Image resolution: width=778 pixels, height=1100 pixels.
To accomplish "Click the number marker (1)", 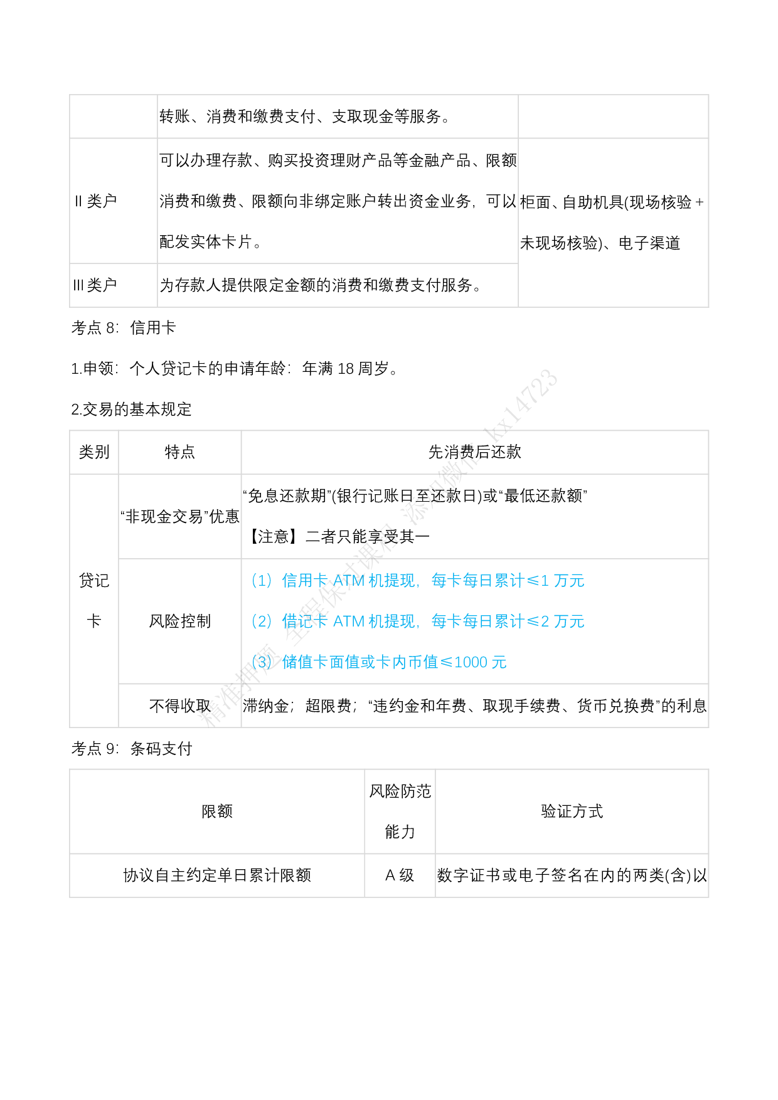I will click(x=262, y=581).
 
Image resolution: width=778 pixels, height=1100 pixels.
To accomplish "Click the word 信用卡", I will click(x=305, y=581).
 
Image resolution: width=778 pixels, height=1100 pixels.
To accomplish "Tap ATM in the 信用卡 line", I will click(x=348, y=581).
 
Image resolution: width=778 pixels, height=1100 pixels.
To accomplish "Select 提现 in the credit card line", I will click(x=400, y=581).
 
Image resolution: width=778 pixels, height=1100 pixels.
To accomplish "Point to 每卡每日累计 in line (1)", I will click(x=477, y=581).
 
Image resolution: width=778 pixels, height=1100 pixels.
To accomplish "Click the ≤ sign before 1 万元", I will click(x=533, y=581).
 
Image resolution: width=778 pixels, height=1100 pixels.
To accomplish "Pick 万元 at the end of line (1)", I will click(x=569, y=581).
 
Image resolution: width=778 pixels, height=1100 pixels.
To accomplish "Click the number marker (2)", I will click(x=262, y=621).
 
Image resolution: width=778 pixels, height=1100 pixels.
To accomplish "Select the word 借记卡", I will click(x=305, y=621).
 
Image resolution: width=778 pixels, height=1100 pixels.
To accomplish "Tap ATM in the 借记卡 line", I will click(x=348, y=621).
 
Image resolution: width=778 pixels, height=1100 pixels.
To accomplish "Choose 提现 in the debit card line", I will click(x=400, y=621).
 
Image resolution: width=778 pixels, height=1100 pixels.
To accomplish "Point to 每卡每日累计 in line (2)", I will click(x=477, y=621).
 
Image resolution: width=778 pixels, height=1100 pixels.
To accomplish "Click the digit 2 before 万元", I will click(x=545, y=621).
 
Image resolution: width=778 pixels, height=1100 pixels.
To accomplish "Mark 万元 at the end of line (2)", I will click(x=569, y=621).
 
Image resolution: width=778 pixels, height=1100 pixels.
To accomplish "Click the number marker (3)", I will click(x=262, y=662).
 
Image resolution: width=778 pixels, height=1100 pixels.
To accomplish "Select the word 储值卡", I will click(x=305, y=662).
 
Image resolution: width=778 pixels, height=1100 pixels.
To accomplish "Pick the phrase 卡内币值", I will click(x=407, y=662).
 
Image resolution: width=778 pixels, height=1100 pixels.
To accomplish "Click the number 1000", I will click(x=471, y=662).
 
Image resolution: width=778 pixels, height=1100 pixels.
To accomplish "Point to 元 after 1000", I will click(x=499, y=662).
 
